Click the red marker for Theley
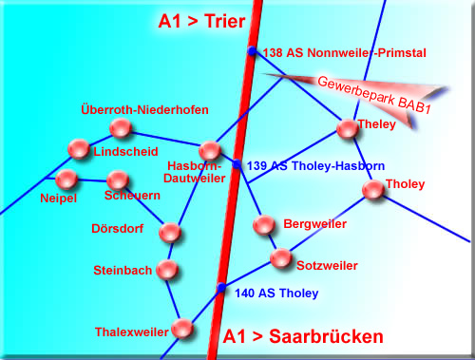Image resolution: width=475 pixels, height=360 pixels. [x=348, y=129]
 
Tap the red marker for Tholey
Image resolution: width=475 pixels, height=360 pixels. [x=373, y=190]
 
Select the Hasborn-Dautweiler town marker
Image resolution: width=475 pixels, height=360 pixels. [x=210, y=150]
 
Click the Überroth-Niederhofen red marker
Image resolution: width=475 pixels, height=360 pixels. [x=121, y=128]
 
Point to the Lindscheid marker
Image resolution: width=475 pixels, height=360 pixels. [x=79, y=148]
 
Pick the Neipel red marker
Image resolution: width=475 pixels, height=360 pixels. [x=66, y=180]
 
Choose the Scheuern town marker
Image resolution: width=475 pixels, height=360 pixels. [x=118, y=180]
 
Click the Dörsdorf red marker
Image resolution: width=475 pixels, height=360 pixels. [x=170, y=233]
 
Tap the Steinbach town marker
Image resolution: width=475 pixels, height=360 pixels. [x=167, y=270]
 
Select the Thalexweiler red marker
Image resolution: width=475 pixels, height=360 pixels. [x=182, y=329]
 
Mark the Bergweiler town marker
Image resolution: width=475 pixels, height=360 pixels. [x=264, y=224]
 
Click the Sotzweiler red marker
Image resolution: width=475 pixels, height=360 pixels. [x=281, y=258]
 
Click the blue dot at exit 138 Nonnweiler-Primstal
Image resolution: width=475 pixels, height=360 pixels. [x=252, y=50]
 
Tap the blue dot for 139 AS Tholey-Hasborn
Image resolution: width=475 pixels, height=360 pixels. [x=237, y=164]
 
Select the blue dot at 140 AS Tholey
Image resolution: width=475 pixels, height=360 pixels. [x=221, y=288]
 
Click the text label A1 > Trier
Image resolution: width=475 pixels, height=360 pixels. [x=201, y=21]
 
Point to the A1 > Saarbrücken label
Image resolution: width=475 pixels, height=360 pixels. [x=303, y=336]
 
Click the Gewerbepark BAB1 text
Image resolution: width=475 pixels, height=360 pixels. [x=374, y=95]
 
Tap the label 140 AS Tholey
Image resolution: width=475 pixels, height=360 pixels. [x=276, y=294]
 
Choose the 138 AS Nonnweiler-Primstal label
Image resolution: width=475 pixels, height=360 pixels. [x=345, y=53]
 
